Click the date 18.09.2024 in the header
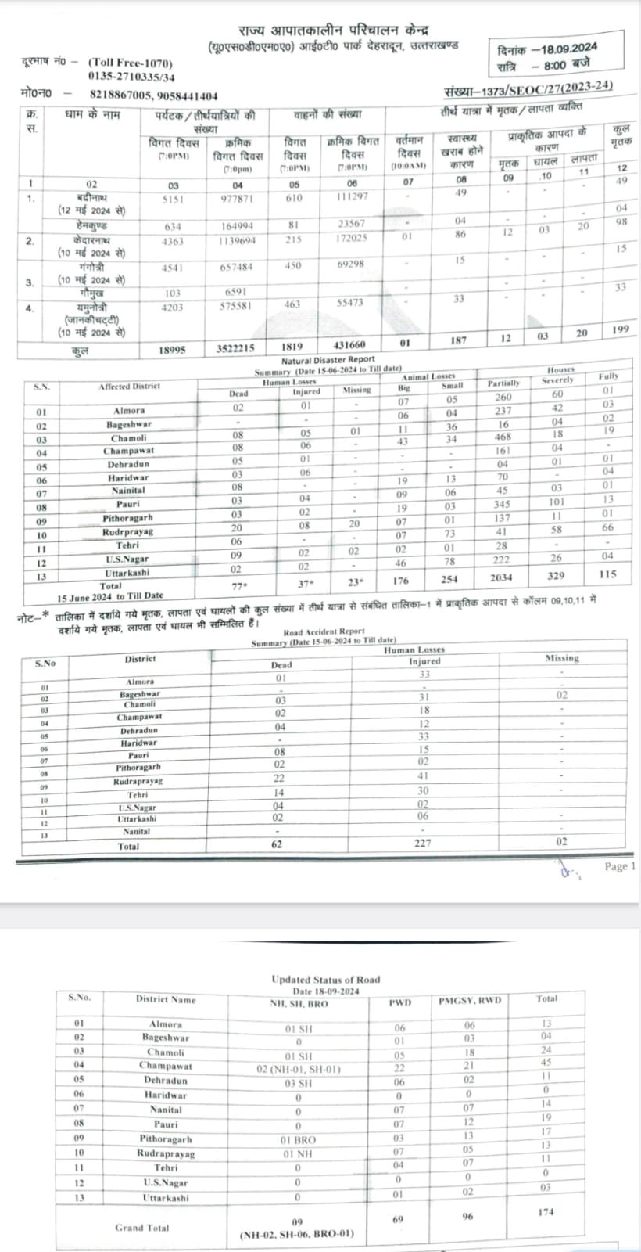[x=564, y=49]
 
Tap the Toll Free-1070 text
[x=131, y=63]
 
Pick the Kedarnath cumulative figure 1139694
[x=238, y=240]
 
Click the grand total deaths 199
[x=621, y=330]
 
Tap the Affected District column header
[x=129, y=387]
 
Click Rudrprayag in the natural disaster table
[x=127, y=532]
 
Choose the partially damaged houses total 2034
[x=501, y=577]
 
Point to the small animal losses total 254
[x=452, y=580]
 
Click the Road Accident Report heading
[x=324, y=631]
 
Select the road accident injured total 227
[x=424, y=844]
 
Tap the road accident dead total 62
[x=277, y=844]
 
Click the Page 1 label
[x=620, y=866]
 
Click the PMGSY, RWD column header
[x=470, y=1000]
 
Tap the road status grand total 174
[x=546, y=1211]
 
